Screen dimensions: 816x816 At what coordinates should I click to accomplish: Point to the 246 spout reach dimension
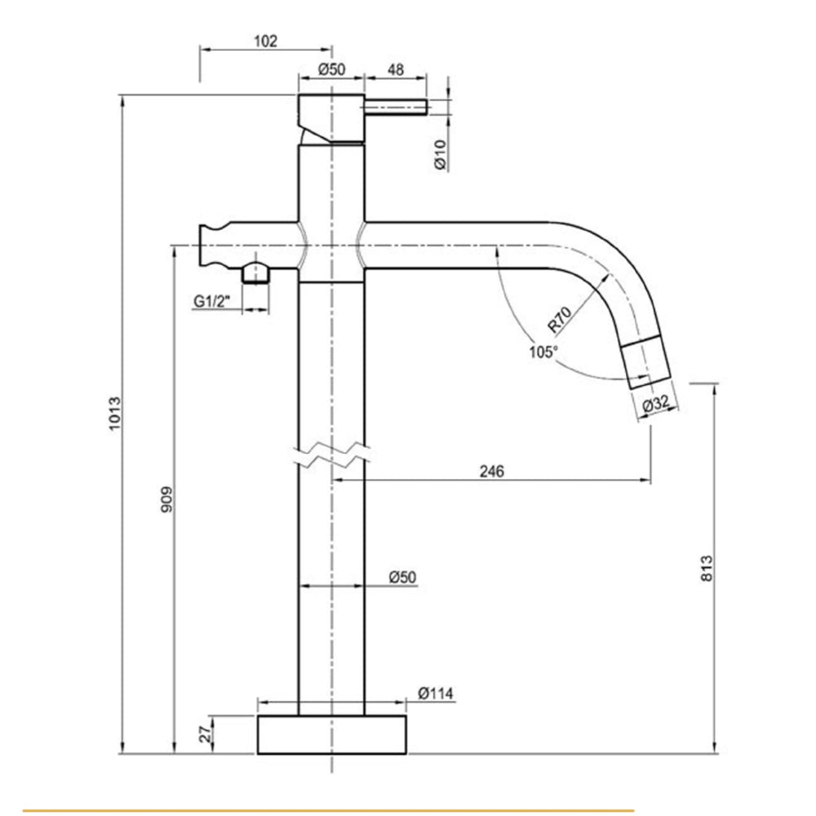tap(491, 471)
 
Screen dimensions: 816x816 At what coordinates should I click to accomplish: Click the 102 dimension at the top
tap(266, 41)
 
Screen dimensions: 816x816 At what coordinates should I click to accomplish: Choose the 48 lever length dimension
tap(395, 70)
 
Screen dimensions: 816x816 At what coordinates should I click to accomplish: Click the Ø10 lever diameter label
tap(440, 154)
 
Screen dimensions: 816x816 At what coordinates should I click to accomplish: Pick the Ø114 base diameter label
tap(436, 694)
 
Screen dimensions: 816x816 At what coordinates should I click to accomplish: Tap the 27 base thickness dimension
tap(206, 734)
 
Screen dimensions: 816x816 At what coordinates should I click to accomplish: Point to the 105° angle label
tap(543, 351)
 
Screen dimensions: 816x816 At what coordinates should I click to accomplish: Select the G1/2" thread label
tap(213, 301)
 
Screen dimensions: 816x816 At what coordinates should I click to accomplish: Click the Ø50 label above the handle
tap(330, 70)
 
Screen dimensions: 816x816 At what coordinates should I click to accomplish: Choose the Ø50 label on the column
tap(402, 577)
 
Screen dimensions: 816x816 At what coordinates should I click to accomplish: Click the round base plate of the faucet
tap(331, 734)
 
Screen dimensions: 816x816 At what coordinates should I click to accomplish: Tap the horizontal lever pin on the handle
tap(396, 107)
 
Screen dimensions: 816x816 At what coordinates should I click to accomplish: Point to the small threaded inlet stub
tap(256, 273)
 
